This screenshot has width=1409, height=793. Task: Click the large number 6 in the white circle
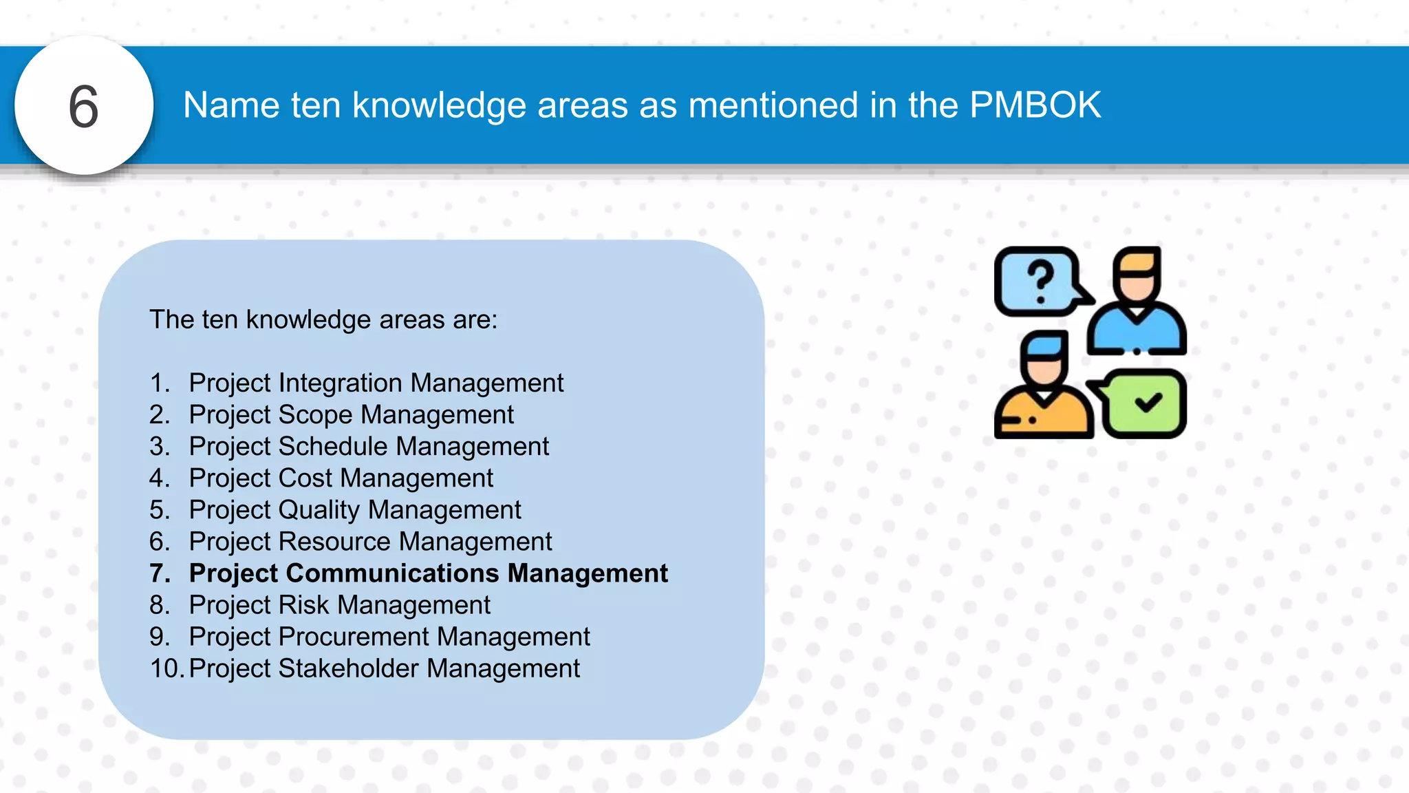coord(84,107)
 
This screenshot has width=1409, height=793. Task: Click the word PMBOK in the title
coord(1035,105)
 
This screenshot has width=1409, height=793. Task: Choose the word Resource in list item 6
coord(334,542)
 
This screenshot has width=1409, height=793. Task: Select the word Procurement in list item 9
coord(353,637)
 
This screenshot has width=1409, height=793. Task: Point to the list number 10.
coord(165,668)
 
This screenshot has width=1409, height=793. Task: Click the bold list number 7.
coord(159,573)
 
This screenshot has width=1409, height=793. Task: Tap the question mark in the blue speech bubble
coord(1040,282)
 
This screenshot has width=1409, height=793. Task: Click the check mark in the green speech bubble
coord(1148,402)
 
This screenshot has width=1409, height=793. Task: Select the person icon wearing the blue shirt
coord(1137,303)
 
